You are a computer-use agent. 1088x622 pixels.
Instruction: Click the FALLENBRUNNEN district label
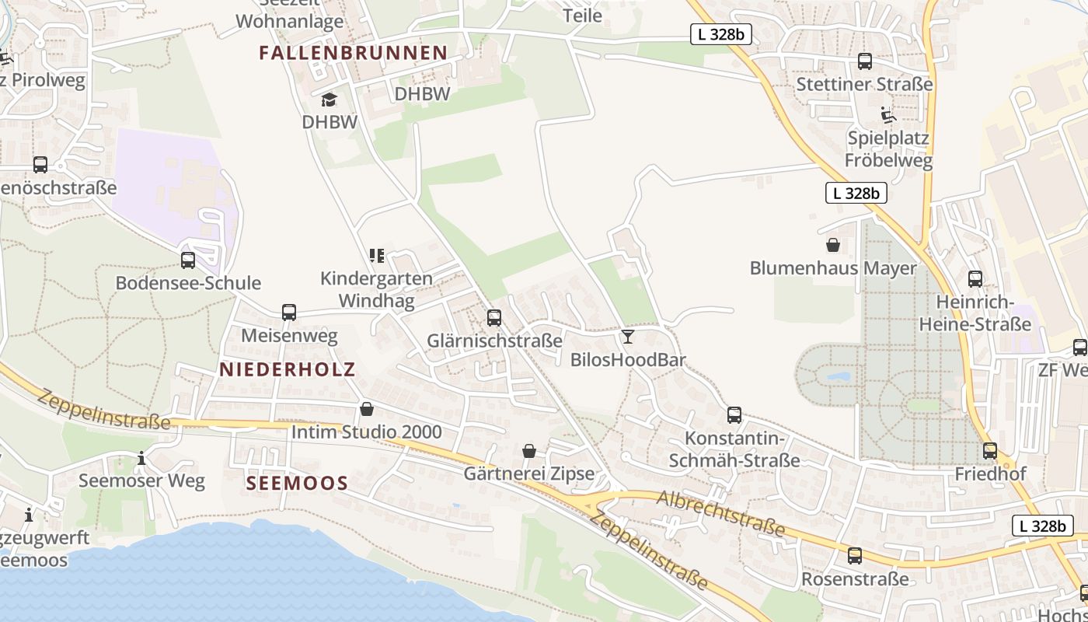354,53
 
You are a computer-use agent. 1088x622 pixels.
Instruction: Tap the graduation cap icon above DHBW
329,100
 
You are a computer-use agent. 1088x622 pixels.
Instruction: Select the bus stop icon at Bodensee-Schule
187,260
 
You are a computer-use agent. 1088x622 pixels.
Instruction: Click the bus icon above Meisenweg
289,313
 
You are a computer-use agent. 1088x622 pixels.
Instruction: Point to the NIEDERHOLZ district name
287,369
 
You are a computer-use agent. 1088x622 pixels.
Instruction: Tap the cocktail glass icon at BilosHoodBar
628,336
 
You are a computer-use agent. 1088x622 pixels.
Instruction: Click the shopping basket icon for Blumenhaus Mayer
833,245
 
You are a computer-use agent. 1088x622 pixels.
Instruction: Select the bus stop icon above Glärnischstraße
494,317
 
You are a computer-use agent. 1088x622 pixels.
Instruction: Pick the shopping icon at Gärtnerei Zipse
529,450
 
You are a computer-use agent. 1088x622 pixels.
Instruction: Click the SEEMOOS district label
297,483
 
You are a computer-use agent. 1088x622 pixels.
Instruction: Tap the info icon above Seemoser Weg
141,458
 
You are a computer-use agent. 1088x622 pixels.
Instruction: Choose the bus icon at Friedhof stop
990,450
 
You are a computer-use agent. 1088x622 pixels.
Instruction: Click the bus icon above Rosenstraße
855,555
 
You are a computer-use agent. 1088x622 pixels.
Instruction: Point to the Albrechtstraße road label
721,513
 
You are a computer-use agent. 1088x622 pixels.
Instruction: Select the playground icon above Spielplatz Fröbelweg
889,115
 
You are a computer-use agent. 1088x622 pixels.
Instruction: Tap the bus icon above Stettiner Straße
864,61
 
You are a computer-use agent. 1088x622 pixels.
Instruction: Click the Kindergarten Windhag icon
377,255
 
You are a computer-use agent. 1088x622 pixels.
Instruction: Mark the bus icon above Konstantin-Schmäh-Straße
734,414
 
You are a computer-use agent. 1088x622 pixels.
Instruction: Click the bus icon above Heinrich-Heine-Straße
975,278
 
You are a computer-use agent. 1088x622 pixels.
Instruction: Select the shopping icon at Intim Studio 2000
367,408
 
